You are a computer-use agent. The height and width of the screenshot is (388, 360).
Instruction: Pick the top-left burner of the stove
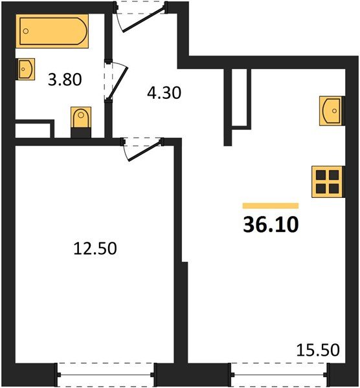coord(320,175)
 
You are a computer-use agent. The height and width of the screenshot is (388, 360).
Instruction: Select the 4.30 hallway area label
coord(161,92)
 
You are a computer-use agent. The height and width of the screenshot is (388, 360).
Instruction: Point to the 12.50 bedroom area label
coord(95,248)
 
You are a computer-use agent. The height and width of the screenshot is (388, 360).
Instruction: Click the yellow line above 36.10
coord(271,205)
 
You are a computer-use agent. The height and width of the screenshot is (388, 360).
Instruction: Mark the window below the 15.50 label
coord(278,373)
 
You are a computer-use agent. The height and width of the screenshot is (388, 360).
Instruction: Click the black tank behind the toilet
coord(80,133)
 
